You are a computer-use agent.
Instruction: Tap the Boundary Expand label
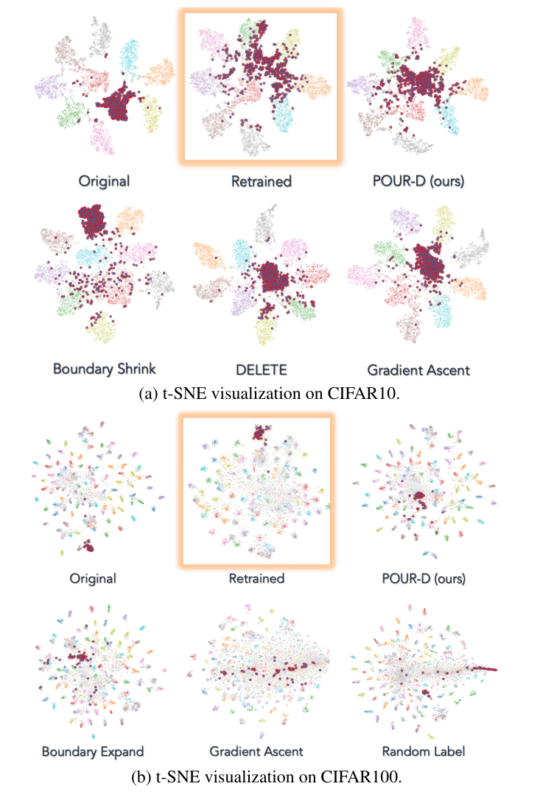click(x=93, y=751)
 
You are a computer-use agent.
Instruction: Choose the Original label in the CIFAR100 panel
click(x=93, y=579)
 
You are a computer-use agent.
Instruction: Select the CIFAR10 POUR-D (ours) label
click(x=418, y=181)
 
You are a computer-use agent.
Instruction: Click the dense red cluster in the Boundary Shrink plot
click(x=93, y=220)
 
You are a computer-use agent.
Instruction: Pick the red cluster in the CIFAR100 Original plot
click(x=87, y=546)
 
